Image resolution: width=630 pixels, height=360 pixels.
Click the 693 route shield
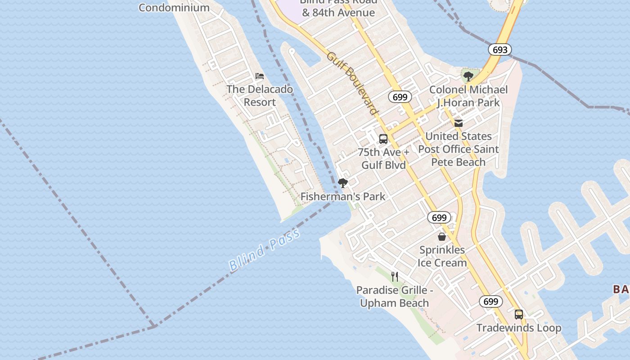(500, 50)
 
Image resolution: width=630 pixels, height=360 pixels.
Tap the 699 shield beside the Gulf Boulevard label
(400, 97)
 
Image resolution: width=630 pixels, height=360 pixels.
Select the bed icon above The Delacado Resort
(260, 76)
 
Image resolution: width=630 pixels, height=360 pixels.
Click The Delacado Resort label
(260, 95)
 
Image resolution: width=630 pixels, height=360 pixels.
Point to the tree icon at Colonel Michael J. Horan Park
(468, 76)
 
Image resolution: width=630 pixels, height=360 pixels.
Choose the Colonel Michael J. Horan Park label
(468, 96)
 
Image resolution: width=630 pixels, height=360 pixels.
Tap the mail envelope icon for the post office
(458, 123)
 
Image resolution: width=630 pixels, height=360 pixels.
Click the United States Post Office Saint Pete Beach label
(458, 149)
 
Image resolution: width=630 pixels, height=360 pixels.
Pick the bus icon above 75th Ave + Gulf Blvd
(383, 139)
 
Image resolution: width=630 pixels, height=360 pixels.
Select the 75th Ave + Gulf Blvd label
(384, 158)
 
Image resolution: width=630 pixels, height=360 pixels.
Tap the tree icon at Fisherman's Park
(343, 183)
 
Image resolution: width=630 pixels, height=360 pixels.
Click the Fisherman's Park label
(343, 196)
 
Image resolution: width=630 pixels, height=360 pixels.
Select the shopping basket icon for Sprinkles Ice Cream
(442, 236)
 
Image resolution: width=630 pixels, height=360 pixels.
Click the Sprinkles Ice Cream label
(442, 256)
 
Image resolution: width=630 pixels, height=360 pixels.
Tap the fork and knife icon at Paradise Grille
(395, 276)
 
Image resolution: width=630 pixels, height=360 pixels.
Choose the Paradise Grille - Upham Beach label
(395, 297)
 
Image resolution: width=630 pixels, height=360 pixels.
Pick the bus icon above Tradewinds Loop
(519, 315)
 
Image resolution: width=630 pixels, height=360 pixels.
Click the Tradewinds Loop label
(519, 328)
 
